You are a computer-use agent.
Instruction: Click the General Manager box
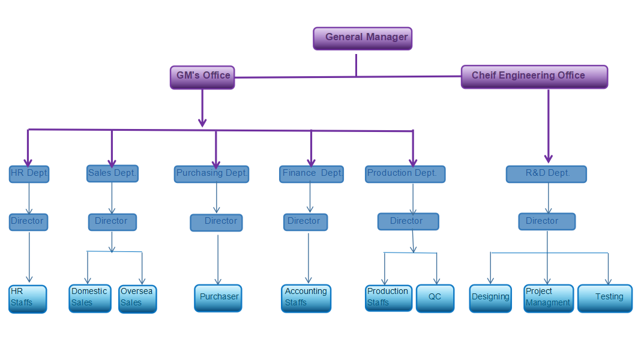[363, 38]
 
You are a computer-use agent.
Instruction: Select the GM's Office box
[202, 77]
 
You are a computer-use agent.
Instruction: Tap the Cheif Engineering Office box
[534, 77]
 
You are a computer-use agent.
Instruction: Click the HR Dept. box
[29, 174]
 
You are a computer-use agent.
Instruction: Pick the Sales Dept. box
[112, 173]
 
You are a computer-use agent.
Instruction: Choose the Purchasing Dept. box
[211, 174]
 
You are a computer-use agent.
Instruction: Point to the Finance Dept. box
[311, 174]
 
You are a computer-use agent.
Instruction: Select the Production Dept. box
[405, 174]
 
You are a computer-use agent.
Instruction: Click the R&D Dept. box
[546, 174]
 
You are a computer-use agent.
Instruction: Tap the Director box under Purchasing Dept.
[216, 222]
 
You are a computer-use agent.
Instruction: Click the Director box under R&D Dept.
[547, 221]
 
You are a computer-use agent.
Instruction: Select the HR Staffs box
[28, 298]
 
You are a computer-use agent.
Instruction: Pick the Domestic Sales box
[89, 298]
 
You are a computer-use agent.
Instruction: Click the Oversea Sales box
[137, 298]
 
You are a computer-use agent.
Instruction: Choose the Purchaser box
[218, 298]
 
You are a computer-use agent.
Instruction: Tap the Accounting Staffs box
[305, 298]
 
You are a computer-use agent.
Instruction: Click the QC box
[435, 298]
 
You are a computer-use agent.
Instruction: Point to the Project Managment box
[548, 298]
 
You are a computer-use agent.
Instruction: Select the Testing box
[604, 298]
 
